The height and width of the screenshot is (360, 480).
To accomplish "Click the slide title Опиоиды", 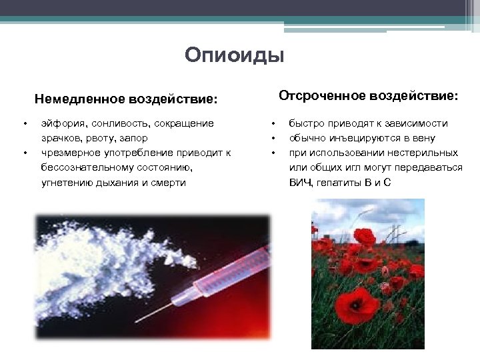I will (235, 55).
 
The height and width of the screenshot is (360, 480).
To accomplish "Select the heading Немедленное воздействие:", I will (126, 99).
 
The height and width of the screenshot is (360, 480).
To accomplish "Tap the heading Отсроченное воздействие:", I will (368, 96).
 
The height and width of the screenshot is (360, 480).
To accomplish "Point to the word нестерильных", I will (425, 153).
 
